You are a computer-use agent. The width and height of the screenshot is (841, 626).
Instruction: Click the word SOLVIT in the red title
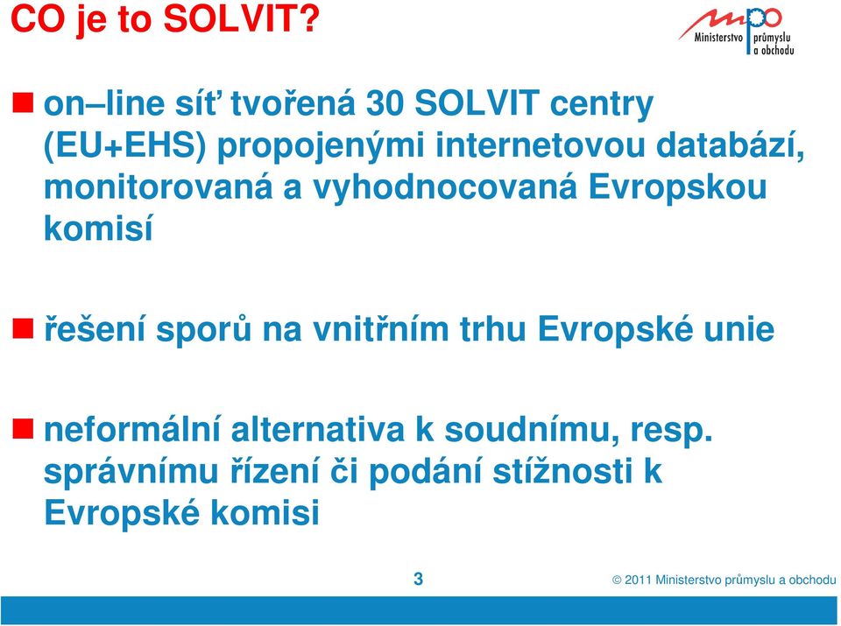click(x=242, y=18)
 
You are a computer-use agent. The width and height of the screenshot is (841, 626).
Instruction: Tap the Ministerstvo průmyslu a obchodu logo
click(x=736, y=31)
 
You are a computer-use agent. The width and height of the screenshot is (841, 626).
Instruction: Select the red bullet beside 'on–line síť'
click(x=23, y=102)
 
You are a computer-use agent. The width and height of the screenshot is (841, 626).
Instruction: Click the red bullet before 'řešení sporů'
click(x=23, y=328)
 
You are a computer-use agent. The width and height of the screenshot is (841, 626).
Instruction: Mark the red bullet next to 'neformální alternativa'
click(x=23, y=429)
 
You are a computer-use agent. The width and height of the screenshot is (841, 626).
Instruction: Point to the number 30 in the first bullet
click(x=385, y=103)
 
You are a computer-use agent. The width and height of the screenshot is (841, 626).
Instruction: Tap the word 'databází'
click(x=731, y=145)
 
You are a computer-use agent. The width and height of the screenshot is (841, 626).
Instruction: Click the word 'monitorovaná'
click(x=159, y=187)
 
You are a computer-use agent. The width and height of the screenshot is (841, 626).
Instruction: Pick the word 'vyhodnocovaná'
click(x=445, y=187)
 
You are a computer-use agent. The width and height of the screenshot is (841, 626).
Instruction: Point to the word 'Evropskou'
click(x=678, y=188)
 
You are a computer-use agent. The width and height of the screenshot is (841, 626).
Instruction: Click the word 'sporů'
click(x=203, y=329)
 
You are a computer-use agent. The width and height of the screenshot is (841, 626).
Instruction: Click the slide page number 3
click(x=419, y=579)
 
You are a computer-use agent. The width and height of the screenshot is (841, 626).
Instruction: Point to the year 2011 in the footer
click(x=639, y=580)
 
